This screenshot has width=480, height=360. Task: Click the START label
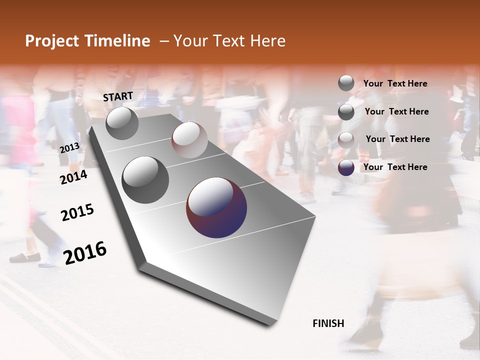(118, 96)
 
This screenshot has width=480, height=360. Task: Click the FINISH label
(328, 323)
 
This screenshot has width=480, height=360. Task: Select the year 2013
(69, 148)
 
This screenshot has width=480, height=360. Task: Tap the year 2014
(74, 177)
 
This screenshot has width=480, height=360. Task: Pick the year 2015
(77, 213)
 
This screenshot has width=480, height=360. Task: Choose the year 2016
(85, 253)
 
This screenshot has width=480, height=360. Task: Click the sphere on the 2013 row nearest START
(122, 123)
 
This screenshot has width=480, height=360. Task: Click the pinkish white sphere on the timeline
(189, 140)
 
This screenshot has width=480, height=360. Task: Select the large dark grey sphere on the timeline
(145, 180)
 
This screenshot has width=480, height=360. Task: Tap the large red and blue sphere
(216, 207)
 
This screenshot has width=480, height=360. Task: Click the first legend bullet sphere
(346, 83)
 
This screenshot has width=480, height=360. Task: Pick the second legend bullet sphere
(346, 111)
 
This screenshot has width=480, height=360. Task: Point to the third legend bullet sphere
(346, 139)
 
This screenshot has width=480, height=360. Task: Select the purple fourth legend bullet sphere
(346, 167)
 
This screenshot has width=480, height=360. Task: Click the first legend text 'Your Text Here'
(395, 83)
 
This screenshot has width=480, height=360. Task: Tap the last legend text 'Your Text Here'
(395, 167)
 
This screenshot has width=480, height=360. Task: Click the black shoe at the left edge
(24, 257)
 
